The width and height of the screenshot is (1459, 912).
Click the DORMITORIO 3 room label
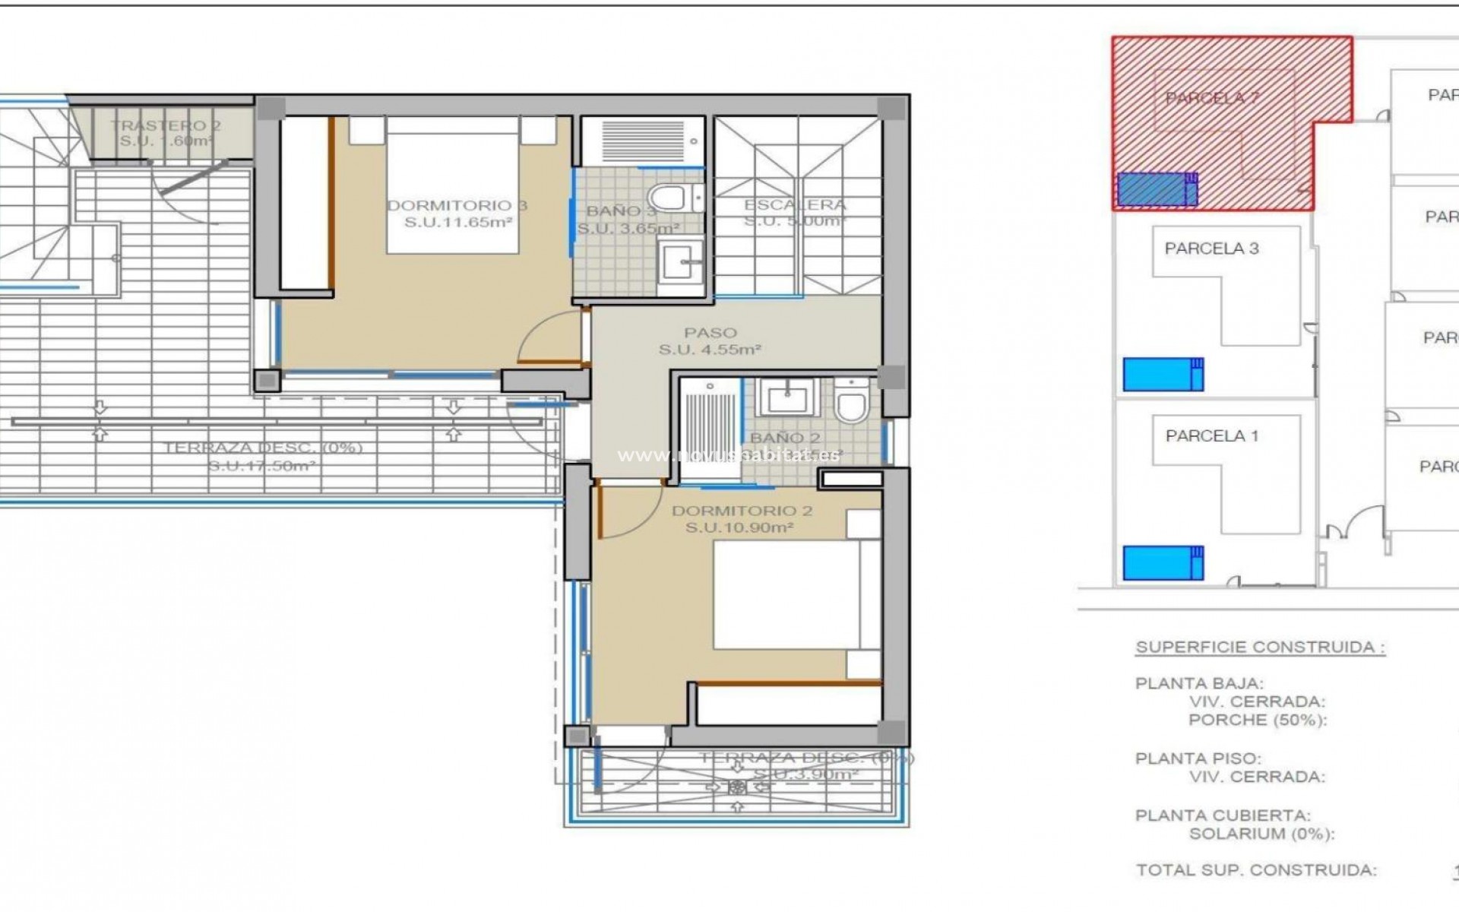[457, 205]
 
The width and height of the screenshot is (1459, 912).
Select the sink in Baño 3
[681, 263]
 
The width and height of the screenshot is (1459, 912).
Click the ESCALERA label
[794, 204]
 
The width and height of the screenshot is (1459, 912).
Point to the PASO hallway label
[710, 333]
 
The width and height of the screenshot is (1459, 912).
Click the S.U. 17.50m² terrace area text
[262, 465]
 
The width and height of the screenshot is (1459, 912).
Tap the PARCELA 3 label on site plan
[1211, 249]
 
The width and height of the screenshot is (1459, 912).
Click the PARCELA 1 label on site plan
[1211, 436]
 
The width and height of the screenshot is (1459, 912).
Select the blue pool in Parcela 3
[1162, 374]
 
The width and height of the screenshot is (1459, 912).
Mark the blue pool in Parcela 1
[1162, 563]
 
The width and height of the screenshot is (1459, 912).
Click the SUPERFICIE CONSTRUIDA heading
[1259, 648]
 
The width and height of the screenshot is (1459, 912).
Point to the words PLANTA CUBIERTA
[1222, 815]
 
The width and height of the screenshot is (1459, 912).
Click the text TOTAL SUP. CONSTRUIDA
[1256, 870]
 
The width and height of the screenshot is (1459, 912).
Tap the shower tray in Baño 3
[642, 141]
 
